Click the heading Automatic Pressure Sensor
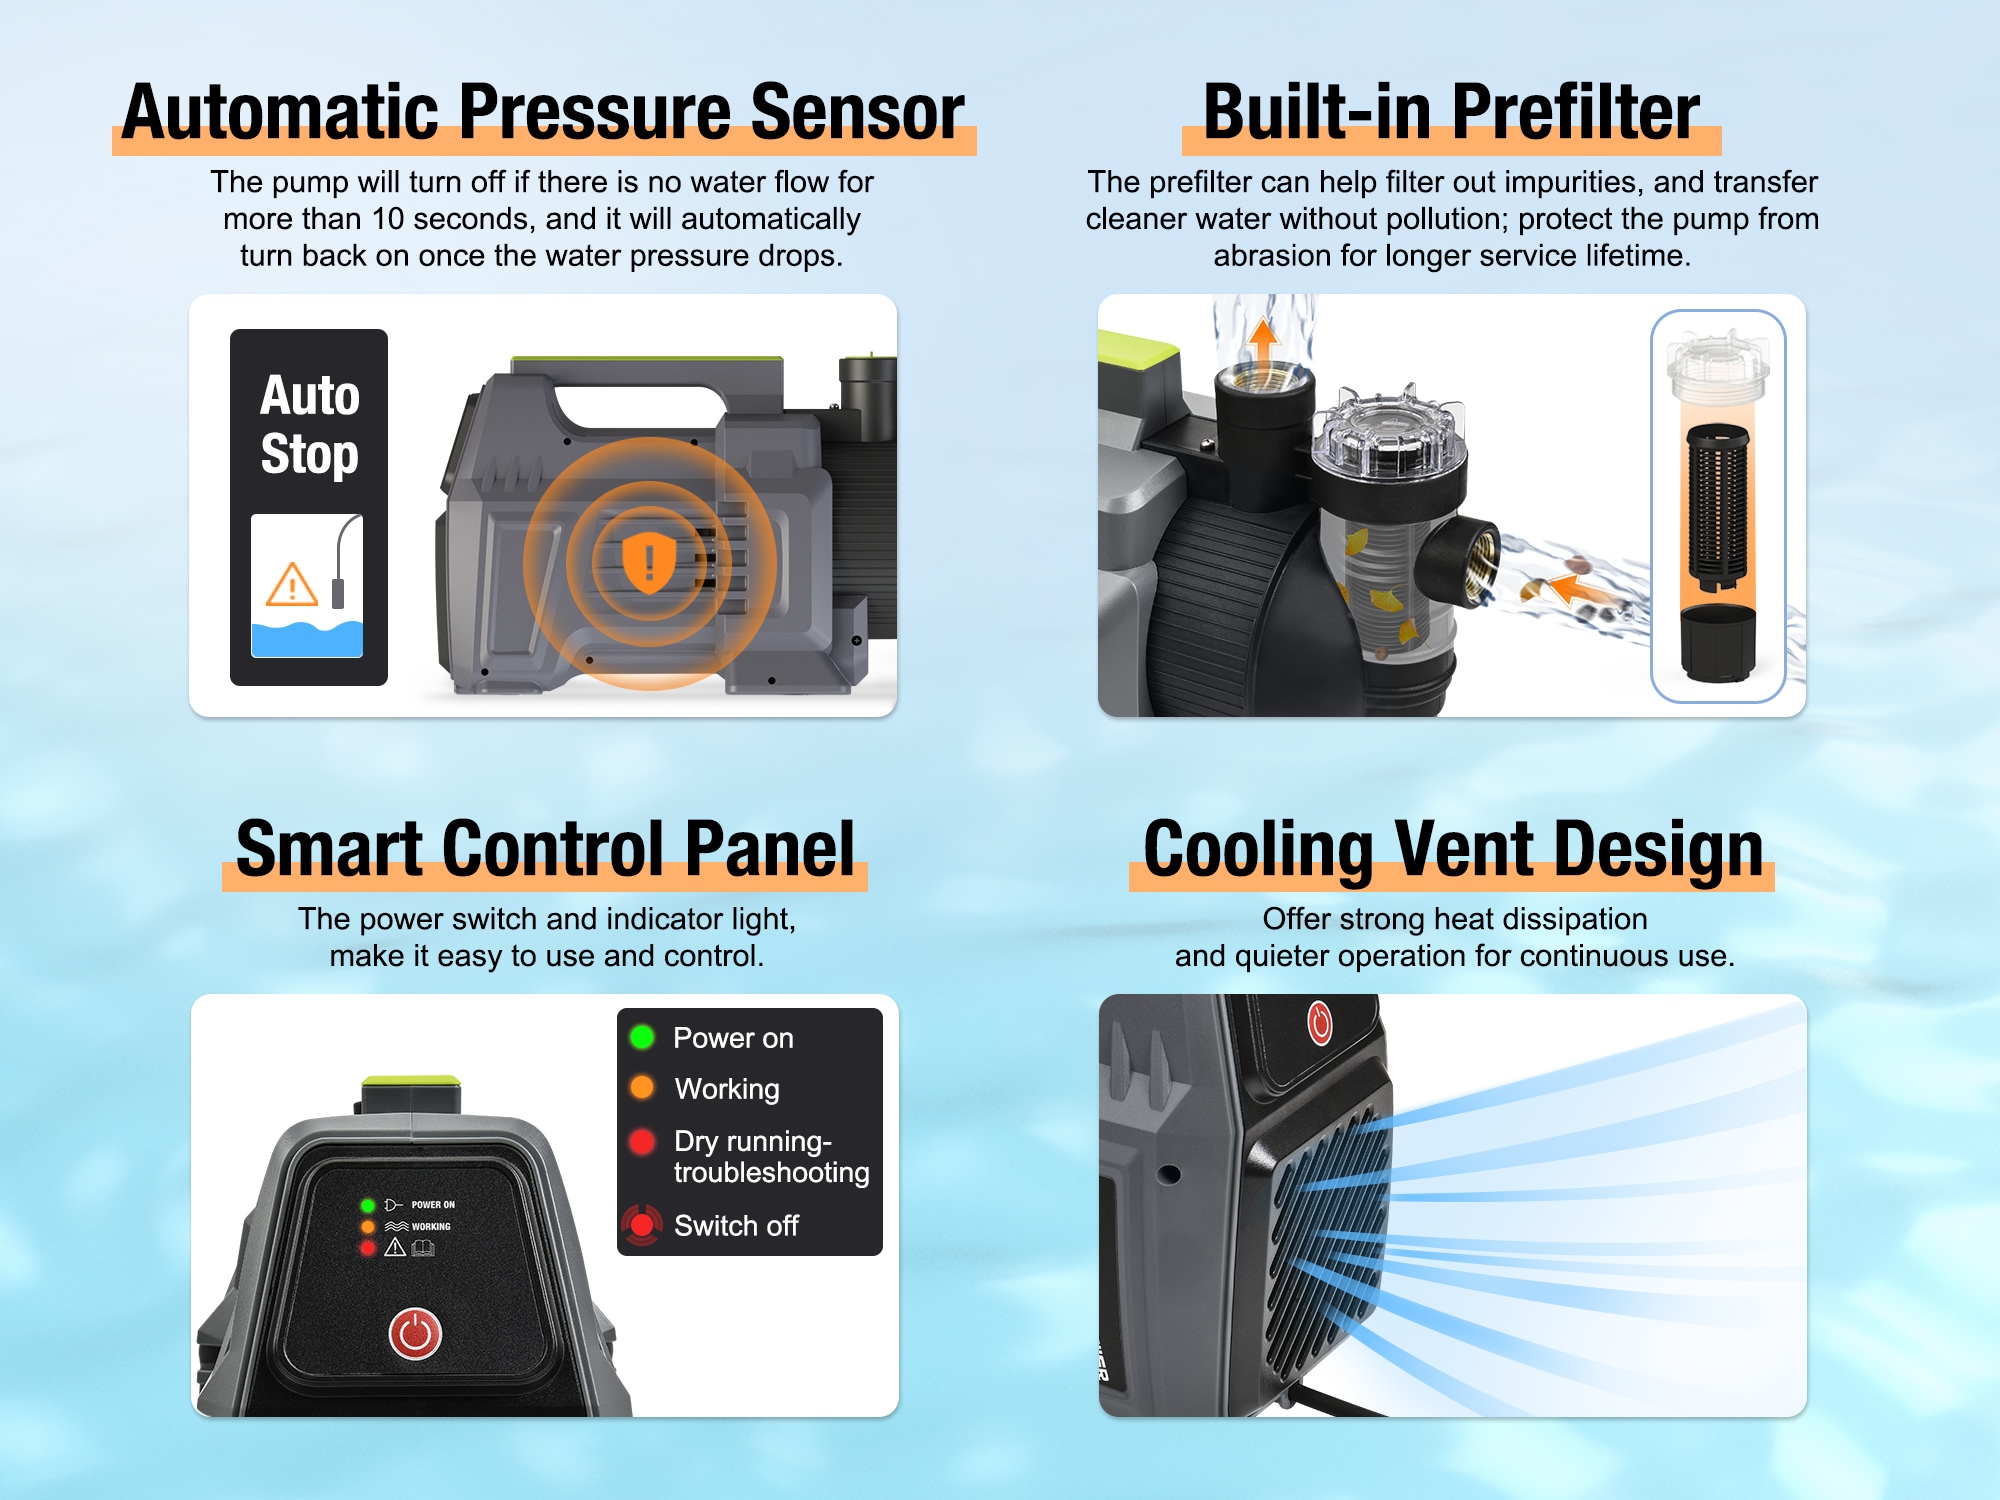543,112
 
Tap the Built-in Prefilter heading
1451,112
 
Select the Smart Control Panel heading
545,849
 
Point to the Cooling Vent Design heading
1453,850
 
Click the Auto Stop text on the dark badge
309,424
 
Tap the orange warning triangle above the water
292,585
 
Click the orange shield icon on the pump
649,562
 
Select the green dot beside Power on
642,1037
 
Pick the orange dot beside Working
642,1087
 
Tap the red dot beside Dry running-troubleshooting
642,1141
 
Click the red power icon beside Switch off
641,1225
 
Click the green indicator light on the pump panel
368,1205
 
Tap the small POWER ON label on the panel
433,1205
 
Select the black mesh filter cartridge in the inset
1717,507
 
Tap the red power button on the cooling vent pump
1320,1023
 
